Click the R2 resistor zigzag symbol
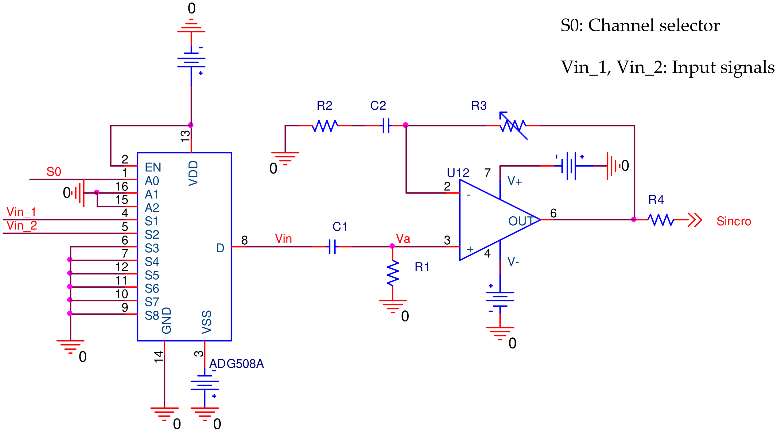pyautogui.click(x=325, y=126)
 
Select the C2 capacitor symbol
pyautogui.click(x=386, y=126)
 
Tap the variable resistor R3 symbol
pyautogui.click(x=513, y=126)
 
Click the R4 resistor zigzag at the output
pyautogui.click(x=661, y=220)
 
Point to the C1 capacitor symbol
pyautogui.click(x=332, y=246)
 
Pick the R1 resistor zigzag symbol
pyautogui.click(x=393, y=273)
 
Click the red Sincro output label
pyautogui.click(x=734, y=221)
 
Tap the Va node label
pyautogui.click(x=403, y=239)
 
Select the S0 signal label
pyautogui.click(x=54, y=172)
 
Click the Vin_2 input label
pyautogui.click(x=22, y=226)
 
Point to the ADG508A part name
pyautogui.click(x=236, y=364)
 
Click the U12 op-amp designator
pyautogui.click(x=458, y=173)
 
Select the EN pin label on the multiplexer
pyautogui.click(x=153, y=167)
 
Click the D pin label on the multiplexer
pyautogui.click(x=220, y=248)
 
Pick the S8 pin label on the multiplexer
pyautogui.click(x=152, y=316)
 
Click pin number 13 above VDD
pyautogui.click(x=185, y=136)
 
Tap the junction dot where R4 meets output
pyautogui.click(x=634, y=219)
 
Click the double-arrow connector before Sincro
pyautogui.click(x=694, y=220)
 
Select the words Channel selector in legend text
pyautogui.click(x=654, y=26)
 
